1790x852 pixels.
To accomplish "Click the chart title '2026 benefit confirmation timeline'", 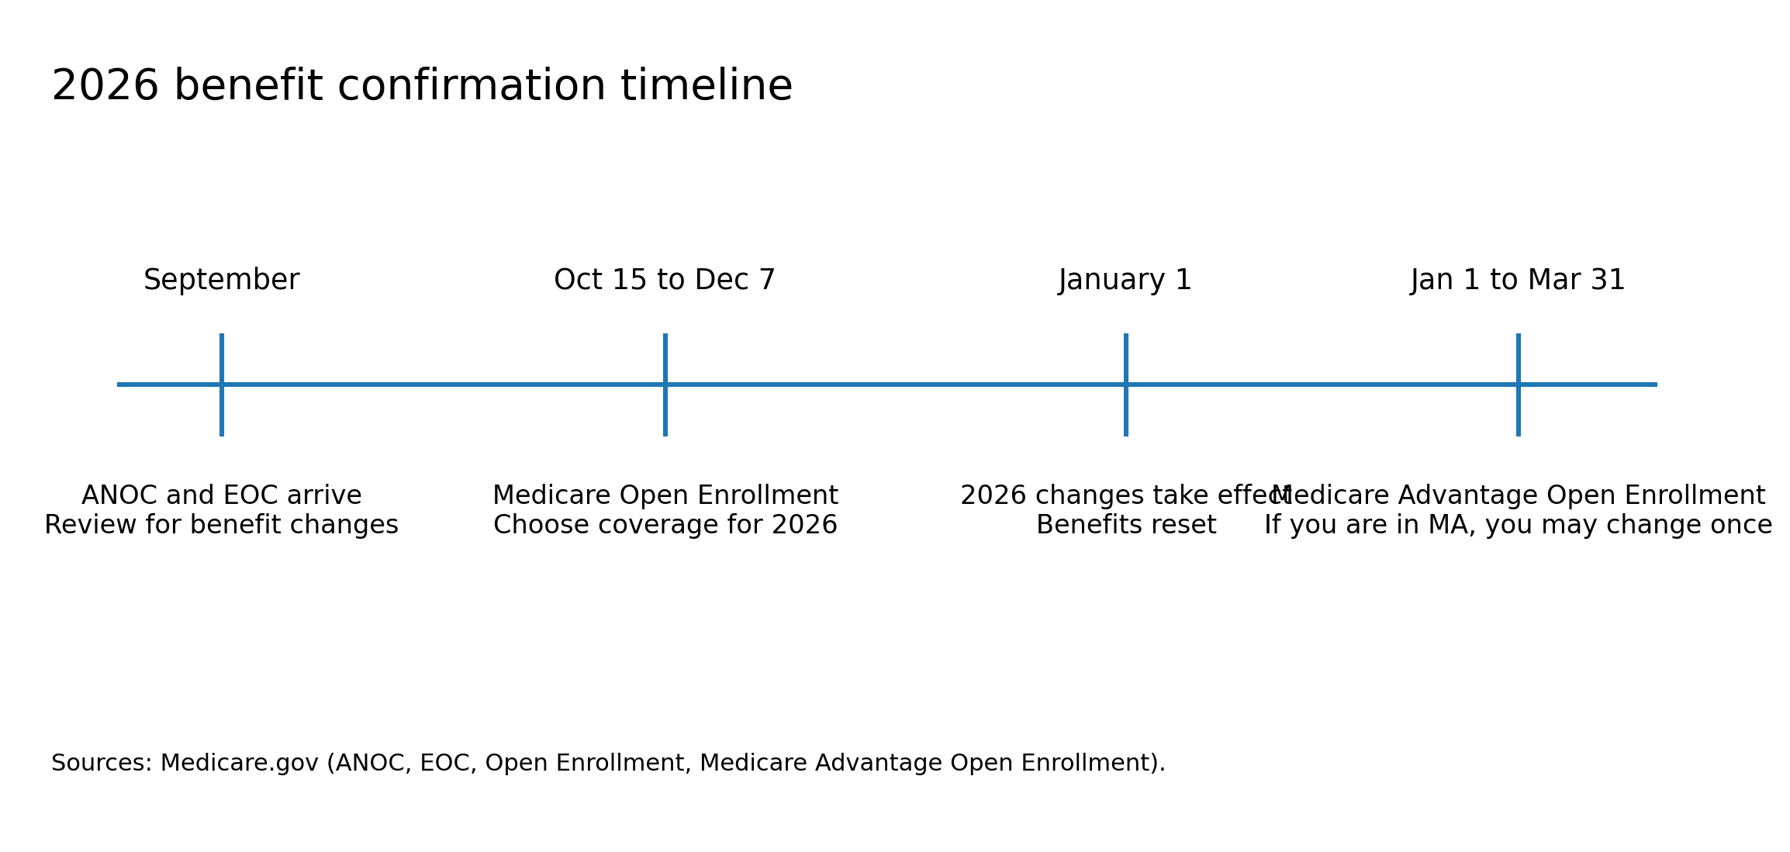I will (x=422, y=85).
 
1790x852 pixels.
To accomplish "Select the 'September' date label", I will (x=221, y=280).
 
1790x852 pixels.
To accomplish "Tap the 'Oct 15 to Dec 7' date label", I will (x=665, y=280).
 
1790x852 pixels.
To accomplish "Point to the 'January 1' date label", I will (x=1125, y=280).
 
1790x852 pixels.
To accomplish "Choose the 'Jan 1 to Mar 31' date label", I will (x=1518, y=280).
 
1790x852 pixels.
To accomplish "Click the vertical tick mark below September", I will (x=222, y=411).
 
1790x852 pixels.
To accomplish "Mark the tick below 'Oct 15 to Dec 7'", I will (x=665, y=411).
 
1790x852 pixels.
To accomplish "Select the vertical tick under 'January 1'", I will (x=1126, y=411).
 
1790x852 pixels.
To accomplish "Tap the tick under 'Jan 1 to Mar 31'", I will (x=1519, y=411).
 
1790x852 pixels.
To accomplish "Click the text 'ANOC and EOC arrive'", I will (x=221, y=495).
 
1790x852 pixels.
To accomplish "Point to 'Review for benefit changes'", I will (x=221, y=525).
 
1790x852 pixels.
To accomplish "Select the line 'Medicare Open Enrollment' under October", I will (x=665, y=495).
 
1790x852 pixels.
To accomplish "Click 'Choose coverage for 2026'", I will (x=665, y=525).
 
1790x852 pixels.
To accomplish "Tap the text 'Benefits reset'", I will (x=1126, y=525).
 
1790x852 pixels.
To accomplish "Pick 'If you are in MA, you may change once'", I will (x=1519, y=525).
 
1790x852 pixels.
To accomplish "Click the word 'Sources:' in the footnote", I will (x=102, y=763).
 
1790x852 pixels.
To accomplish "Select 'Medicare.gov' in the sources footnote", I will (x=239, y=764).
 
